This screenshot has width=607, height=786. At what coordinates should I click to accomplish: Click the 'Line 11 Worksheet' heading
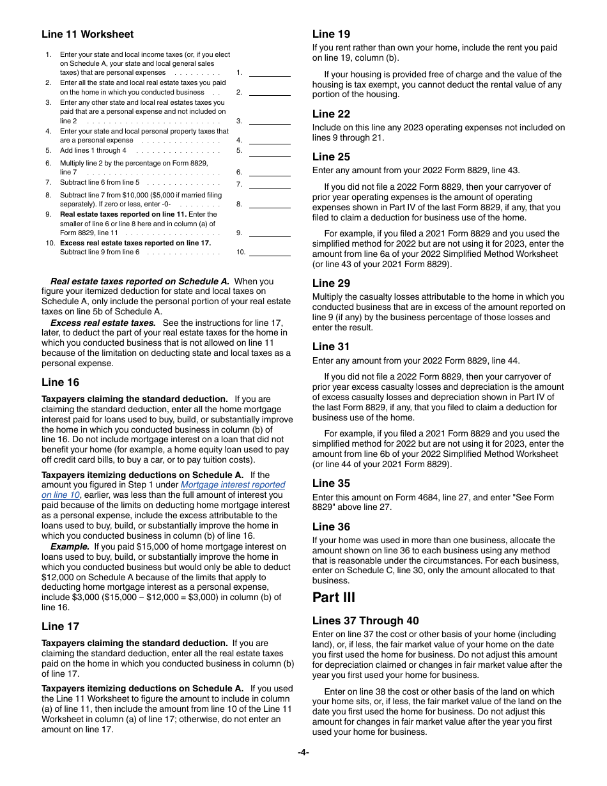pyautogui.click(x=88, y=35)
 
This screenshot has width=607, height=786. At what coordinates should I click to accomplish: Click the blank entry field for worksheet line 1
pyautogui.click(x=269, y=72)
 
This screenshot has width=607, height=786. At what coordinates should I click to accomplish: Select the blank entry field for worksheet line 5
pyautogui.click(x=269, y=151)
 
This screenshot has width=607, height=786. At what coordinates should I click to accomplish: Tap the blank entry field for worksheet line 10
pyautogui.click(x=269, y=252)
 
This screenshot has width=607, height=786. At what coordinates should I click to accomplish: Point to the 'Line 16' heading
pyautogui.click(x=61, y=382)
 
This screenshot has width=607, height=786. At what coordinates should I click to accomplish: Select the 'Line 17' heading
pyautogui.click(x=61, y=626)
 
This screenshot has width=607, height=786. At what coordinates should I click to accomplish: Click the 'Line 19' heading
pyautogui.click(x=331, y=35)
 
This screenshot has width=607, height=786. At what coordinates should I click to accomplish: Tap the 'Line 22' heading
pyautogui.click(x=331, y=114)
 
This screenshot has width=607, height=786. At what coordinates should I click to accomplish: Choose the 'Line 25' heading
pyautogui.click(x=331, y=157)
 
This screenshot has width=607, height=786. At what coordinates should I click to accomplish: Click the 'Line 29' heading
pyautogui.click(x=331, y=283)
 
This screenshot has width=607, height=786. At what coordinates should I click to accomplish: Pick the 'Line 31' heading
pyautogui.click(x=331, y=346)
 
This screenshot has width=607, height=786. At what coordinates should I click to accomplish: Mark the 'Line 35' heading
pyautogui.click(x=331, y=483)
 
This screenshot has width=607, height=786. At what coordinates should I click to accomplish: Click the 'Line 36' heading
pyautogui.click(x=331, y=527)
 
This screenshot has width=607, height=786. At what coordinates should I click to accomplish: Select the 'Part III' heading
pyautogui.click(x=334, y=597)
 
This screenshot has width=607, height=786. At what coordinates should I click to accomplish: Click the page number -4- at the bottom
pyautogui.click(x=303, y=753)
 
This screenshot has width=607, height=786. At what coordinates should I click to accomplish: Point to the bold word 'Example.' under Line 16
pyautogui.click(x=70, y=546)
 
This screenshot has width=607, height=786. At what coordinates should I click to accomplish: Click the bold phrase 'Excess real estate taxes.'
pyautogui.click(x=103, y=323)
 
